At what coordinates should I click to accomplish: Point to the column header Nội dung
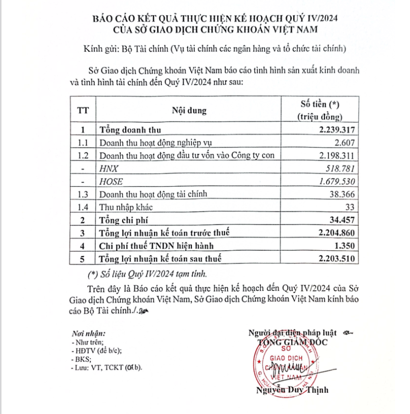coord(189,110)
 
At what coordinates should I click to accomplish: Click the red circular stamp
coord(288,362)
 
